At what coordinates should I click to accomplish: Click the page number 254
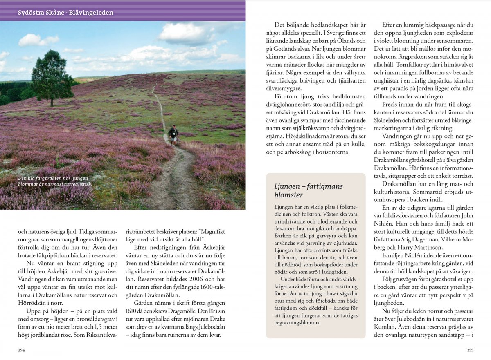coord(21,350)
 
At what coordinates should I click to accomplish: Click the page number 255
coord(470,350)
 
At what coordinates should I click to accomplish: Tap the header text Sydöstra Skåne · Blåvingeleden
coord(65,13)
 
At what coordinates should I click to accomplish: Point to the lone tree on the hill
coord(52,78)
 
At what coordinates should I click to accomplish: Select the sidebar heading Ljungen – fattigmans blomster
coord(309,190)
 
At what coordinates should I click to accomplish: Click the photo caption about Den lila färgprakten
coord(55,181)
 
